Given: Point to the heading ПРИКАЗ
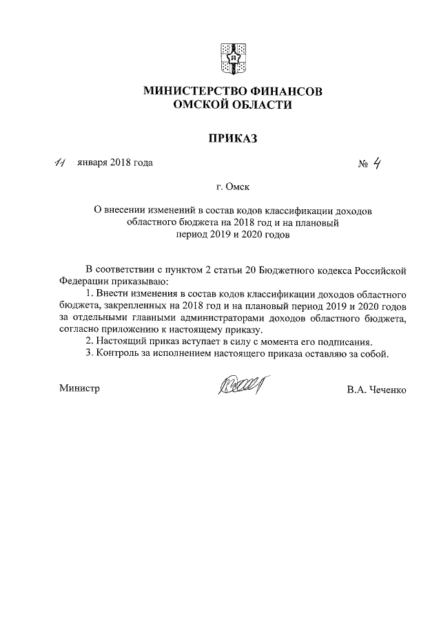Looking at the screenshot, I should click(x=232, y=138).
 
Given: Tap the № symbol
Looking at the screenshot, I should click(x=364, y=164).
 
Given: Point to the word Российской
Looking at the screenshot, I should click(x=382, y=268).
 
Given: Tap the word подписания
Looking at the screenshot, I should click(x=347, y=342).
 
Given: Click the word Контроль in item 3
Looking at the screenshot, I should click(x=116, y=355).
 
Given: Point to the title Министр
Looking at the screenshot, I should click(x=79, y=388).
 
